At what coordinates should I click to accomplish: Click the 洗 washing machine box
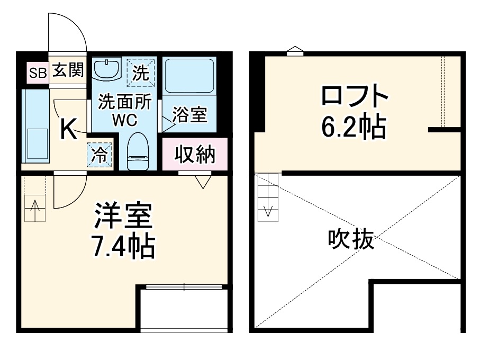[141, 72]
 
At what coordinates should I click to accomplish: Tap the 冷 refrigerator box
[100, 155]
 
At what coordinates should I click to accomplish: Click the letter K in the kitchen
[68, 129]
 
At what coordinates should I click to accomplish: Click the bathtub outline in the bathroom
[189, 76]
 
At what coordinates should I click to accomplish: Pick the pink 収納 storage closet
[195, 154]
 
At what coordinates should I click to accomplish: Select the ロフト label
[355, 97]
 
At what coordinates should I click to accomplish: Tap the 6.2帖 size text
[355, 127]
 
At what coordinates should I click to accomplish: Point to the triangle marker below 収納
[203, 182]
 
